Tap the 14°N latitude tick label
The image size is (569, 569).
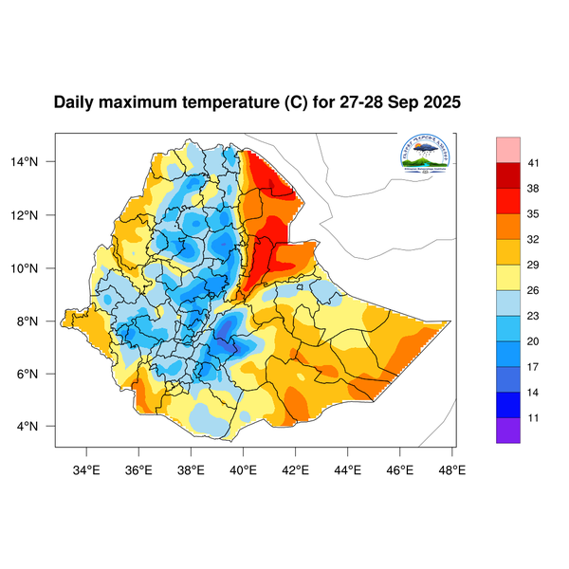36,162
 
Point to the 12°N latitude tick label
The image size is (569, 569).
36,215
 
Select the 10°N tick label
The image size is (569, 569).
36,268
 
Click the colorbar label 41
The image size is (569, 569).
534,164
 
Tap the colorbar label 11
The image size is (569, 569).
534,416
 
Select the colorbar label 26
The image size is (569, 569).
534,290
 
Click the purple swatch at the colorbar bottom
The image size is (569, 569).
508,430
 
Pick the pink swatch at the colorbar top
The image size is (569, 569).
508,149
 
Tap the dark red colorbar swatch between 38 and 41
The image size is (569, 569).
508,176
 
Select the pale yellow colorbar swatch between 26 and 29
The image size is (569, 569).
508,277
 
